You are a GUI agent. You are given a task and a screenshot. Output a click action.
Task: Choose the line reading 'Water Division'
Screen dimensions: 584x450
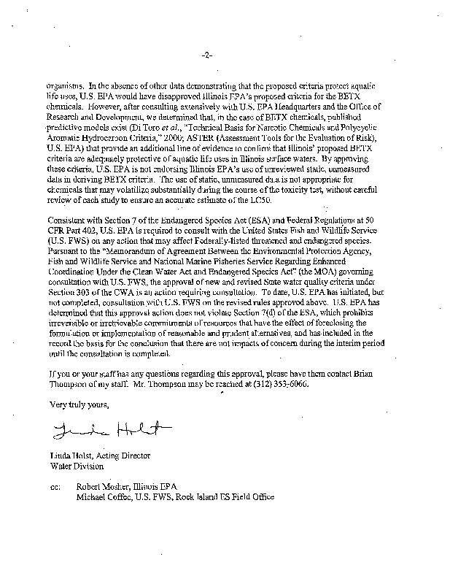click(x=71, y=464)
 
